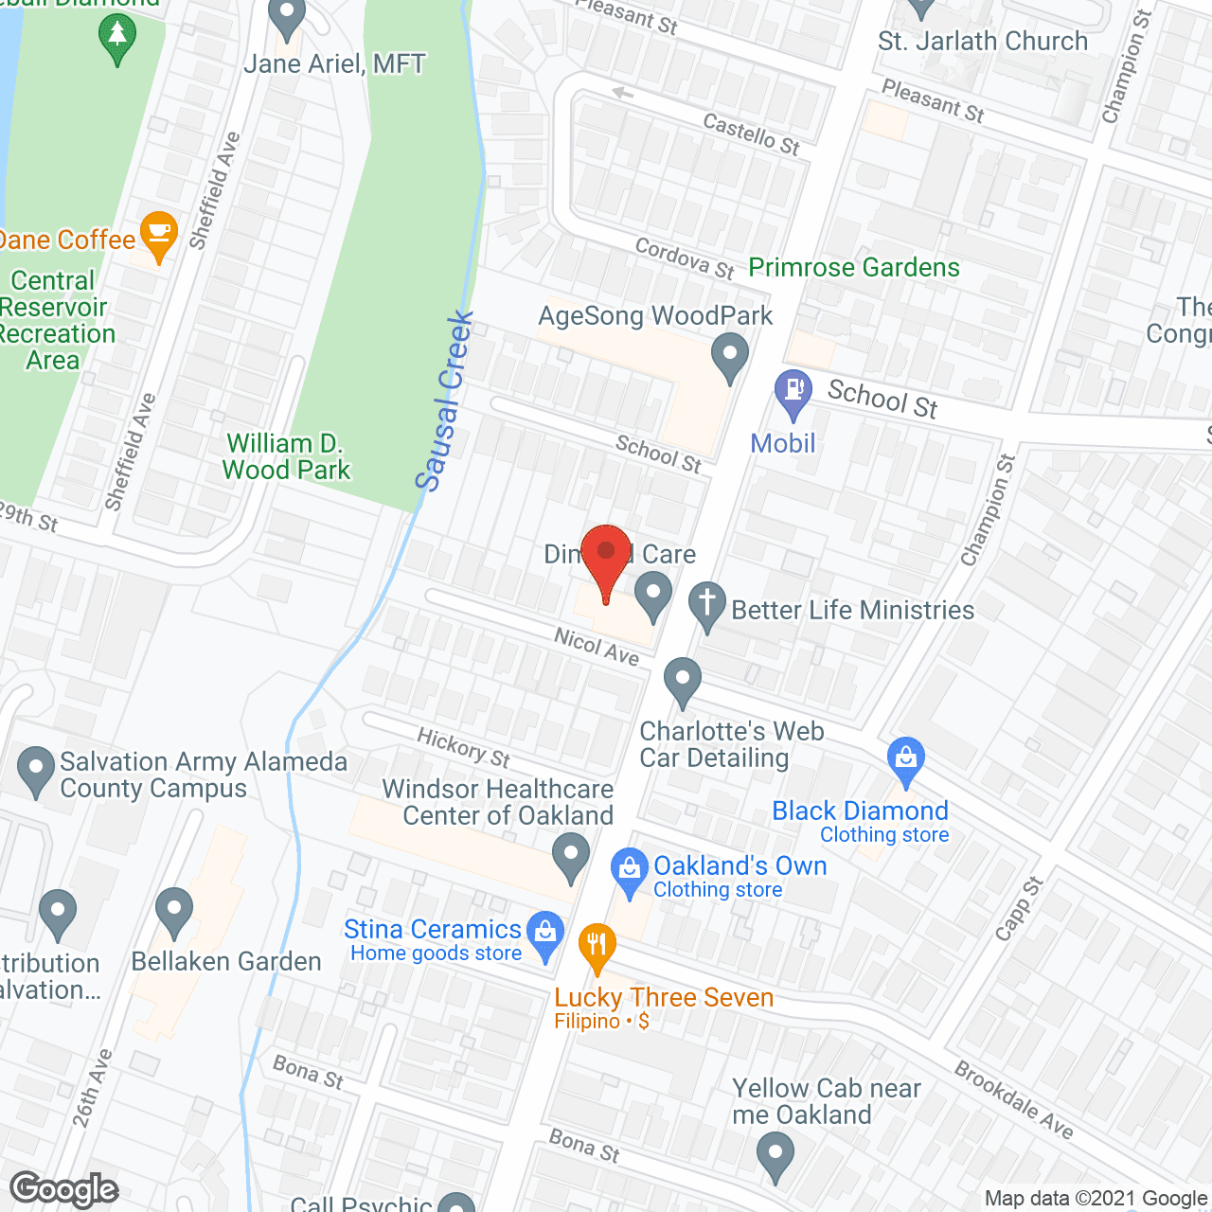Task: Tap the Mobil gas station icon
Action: [x=793, y=391]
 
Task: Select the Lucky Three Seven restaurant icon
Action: [x=597, y=946]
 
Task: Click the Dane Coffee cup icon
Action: [x=158, y=233]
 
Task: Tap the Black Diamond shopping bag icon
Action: [x=906, y=758]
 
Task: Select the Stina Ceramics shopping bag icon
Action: [x=545, y=932]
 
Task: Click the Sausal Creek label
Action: [x=444, y=401]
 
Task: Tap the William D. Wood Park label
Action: [x=286, y=456]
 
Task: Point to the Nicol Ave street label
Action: [x=597, y=647]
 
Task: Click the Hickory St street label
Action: [x=464, y=747]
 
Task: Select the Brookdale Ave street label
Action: [x=1014, y=1100]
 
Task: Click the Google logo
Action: [x=64, y=1189]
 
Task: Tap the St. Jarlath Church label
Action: [x=983, y=42]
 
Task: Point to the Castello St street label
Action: [x=752, y=134]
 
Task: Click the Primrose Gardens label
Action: [x=854, y=268]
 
